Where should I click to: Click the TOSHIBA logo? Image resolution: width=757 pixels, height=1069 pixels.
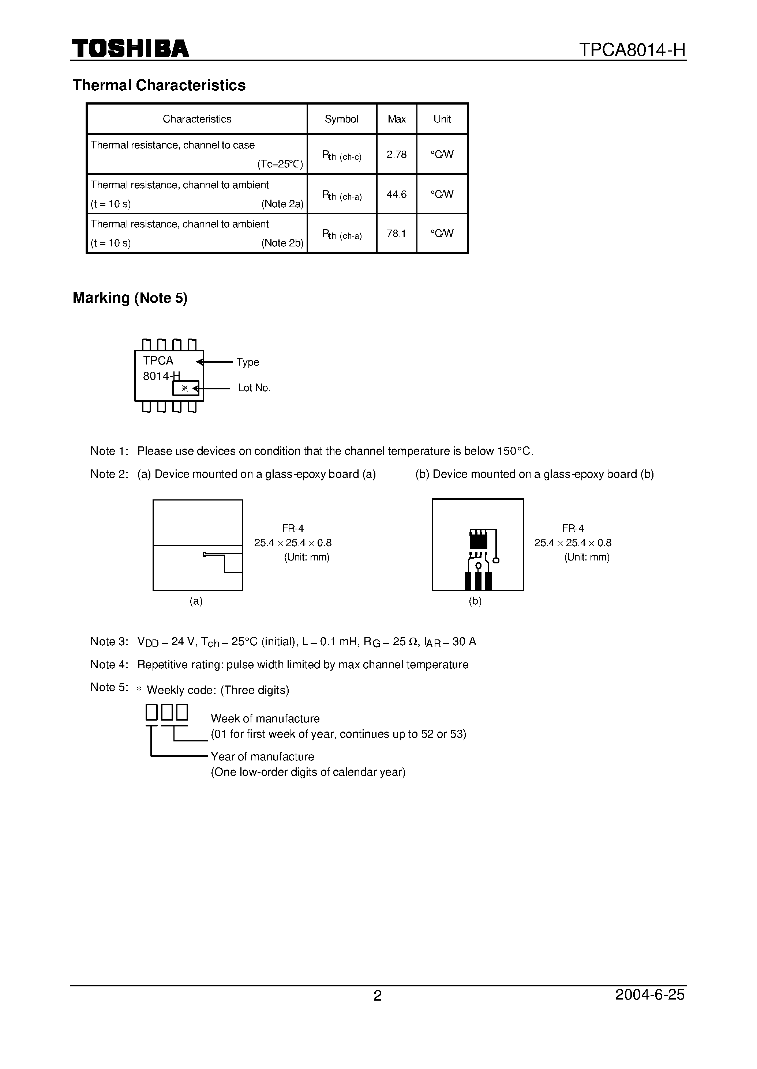point(130,49)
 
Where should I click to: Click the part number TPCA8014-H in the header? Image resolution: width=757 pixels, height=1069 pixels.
point(632,49)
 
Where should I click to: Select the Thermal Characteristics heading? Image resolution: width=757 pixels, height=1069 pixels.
point(159,85)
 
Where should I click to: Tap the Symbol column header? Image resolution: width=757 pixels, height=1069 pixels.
point(341,119)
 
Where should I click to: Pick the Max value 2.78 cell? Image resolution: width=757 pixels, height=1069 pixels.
point(396,155)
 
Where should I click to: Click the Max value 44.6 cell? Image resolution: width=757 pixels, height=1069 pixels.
point(396,194)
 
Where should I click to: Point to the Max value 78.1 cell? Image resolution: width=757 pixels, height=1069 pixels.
point(396,233)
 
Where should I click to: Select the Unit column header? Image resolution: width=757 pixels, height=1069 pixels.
point(442,119)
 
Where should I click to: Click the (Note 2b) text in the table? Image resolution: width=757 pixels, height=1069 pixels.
point(282,243)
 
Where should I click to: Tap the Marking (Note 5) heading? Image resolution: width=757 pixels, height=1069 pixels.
point(130,298)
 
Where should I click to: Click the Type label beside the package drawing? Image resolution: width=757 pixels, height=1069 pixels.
point(248,362)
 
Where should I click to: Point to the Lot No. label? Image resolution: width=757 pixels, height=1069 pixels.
point(254,388)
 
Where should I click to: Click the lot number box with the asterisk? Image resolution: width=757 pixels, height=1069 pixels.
point(185,388)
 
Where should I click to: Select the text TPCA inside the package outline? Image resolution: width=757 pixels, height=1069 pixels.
point(158,360)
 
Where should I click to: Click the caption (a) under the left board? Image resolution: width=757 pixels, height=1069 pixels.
point(196,601)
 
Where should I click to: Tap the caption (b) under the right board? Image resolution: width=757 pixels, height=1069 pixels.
point(475,601)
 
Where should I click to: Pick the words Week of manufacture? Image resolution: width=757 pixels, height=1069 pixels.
point(265,719)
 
